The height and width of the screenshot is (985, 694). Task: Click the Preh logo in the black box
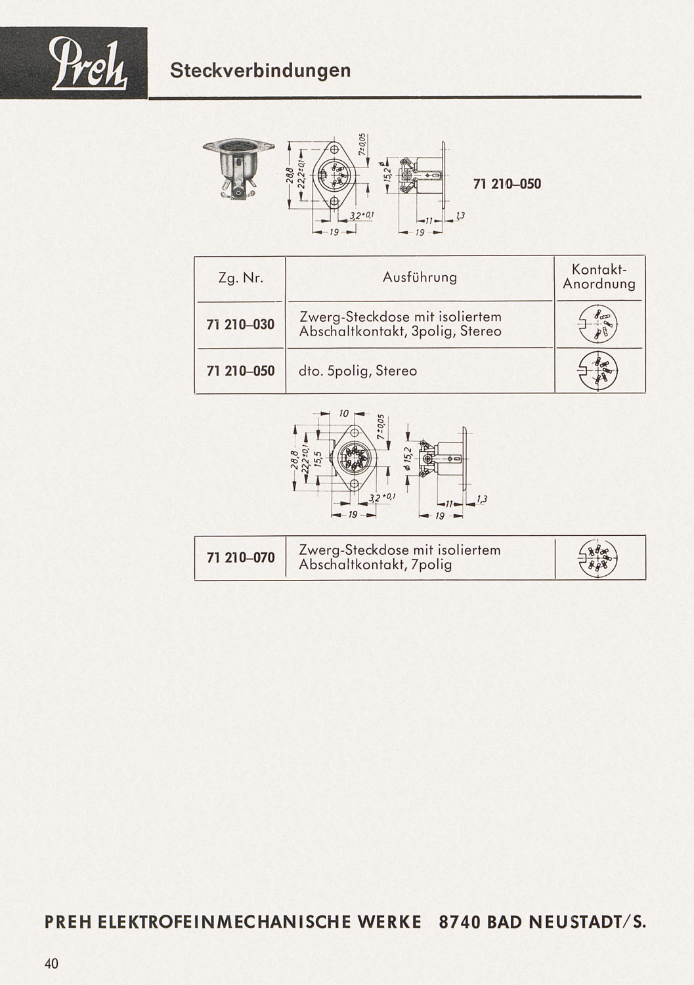point(89,64)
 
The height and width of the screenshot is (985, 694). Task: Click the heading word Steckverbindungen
point(261,70)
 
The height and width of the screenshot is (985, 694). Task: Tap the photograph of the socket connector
point(239,169)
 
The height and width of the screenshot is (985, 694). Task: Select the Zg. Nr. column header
point(240,278)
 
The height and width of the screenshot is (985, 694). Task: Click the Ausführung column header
point(420,278)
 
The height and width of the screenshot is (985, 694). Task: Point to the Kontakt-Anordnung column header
point(599,276)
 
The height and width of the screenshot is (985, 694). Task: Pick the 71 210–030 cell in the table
point(240,324)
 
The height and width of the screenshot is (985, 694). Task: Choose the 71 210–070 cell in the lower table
point(240,558)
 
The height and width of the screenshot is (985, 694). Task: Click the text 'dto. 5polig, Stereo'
point(358,371)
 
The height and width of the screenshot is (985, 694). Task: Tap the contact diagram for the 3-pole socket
point(598,325)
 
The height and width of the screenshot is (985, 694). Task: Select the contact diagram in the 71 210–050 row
point(598,371)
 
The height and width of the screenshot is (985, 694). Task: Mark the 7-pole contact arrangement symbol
point(598,558)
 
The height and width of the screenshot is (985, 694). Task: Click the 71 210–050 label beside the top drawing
point(507,184)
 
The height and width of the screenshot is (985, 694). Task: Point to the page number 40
point(51,964)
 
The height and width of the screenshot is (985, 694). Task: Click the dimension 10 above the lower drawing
point(344,413)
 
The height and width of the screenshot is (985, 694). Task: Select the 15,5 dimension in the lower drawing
point(320,459)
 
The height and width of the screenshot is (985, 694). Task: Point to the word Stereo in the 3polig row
point(481,331)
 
